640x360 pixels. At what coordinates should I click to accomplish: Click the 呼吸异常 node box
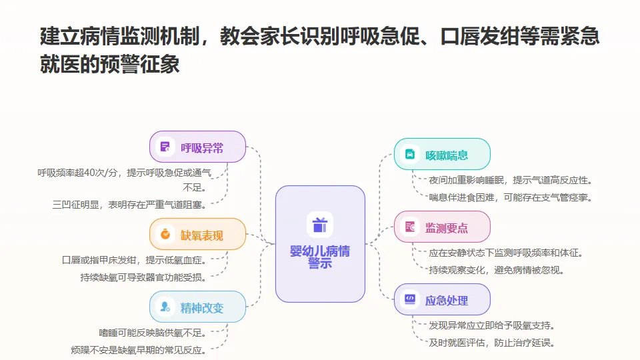(197, 147)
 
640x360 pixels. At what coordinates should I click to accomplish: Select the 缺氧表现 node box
(197, 234)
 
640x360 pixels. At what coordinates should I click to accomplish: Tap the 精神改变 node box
(197, 307)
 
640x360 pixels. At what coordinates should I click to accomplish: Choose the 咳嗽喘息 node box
(442, 155)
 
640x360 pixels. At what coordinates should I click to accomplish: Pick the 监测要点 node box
(442, 227)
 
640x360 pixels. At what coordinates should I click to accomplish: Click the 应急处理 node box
(442, 299)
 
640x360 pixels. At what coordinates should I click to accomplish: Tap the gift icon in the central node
(320, 225)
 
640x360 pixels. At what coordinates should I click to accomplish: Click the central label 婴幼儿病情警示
(320, 257)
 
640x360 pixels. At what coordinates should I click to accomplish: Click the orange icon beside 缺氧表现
(164, 234)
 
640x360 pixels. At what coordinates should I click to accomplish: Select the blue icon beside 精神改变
(164, 307)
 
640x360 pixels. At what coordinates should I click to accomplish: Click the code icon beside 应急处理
(409, 299)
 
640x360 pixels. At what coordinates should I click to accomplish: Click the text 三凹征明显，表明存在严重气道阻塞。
(129, 204)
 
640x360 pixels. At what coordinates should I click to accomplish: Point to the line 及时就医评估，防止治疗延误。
(492, 343)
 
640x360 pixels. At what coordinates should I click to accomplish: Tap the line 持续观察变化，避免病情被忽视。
(497, 270)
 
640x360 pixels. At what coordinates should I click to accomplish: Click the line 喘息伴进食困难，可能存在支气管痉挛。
(511, 197)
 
